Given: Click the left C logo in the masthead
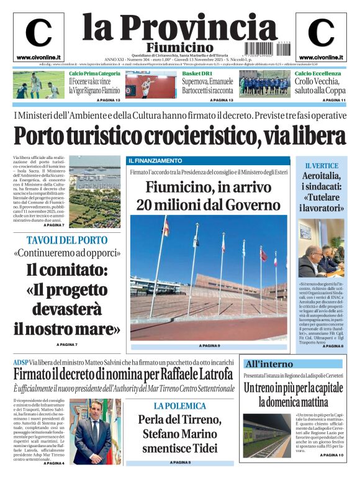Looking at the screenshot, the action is click(x=38, y=33).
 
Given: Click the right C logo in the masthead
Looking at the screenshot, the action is click(x=320, y=33).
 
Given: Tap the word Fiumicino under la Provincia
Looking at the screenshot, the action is click(x=180, y=48).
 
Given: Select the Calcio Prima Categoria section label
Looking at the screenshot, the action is click(x=94, y=74).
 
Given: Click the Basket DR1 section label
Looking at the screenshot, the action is click(x=196, y=74).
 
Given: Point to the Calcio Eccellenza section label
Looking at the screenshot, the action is click(x=317, y=74).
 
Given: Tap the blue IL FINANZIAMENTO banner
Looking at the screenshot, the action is click(x=156, y=161).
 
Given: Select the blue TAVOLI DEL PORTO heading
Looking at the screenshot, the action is click(x=67, y=240).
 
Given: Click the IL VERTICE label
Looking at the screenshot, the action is click(x=322, y=166).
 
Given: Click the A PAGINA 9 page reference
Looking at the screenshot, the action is click(x=210, y=345).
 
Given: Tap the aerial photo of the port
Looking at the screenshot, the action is click(x=94, y=192).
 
